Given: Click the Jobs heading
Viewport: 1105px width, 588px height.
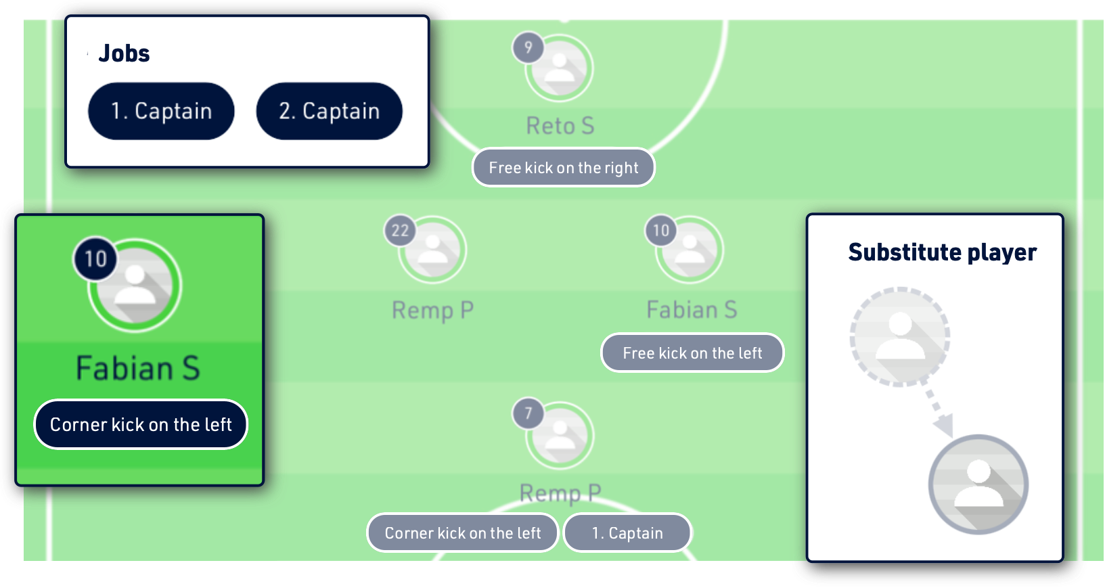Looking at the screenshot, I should (x=124, y=53).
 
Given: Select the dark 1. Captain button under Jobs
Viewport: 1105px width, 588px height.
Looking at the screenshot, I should (x=161, y=111).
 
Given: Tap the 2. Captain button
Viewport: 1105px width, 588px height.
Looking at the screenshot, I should (x=329, y=111).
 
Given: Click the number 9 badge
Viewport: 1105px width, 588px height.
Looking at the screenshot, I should (x=528, y=48).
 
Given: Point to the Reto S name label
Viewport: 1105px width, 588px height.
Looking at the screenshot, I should (x=560, y=126).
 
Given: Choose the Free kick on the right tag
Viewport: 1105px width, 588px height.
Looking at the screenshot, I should (x=563, y=168).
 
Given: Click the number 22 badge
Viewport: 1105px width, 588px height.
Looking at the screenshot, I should (x=400, y=231).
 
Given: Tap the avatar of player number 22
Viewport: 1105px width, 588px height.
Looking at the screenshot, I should (x=433, y=250).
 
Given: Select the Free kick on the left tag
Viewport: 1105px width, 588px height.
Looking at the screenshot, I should (x=692, y=353).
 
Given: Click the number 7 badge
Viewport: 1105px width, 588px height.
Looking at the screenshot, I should (x=528, y=413).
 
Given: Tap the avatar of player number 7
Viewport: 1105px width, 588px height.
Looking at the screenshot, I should (x=561, y=435).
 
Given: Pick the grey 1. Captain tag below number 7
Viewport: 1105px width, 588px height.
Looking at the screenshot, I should (x=627, y=533).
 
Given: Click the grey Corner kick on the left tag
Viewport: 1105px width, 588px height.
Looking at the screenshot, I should (x=463, y=533).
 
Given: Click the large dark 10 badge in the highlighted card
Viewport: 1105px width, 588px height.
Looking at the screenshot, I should (x=95, y=258).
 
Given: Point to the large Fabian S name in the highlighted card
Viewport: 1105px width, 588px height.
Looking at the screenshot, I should (x=138, y=369).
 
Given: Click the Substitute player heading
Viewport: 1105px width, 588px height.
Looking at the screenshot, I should (x=942, y=252).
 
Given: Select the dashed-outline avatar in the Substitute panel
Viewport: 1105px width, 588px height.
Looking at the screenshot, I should (x=900, y=336).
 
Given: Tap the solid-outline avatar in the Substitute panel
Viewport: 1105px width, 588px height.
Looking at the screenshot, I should (x=978, y=484).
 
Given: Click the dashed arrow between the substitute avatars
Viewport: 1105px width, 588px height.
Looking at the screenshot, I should (x=937, y=409).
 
